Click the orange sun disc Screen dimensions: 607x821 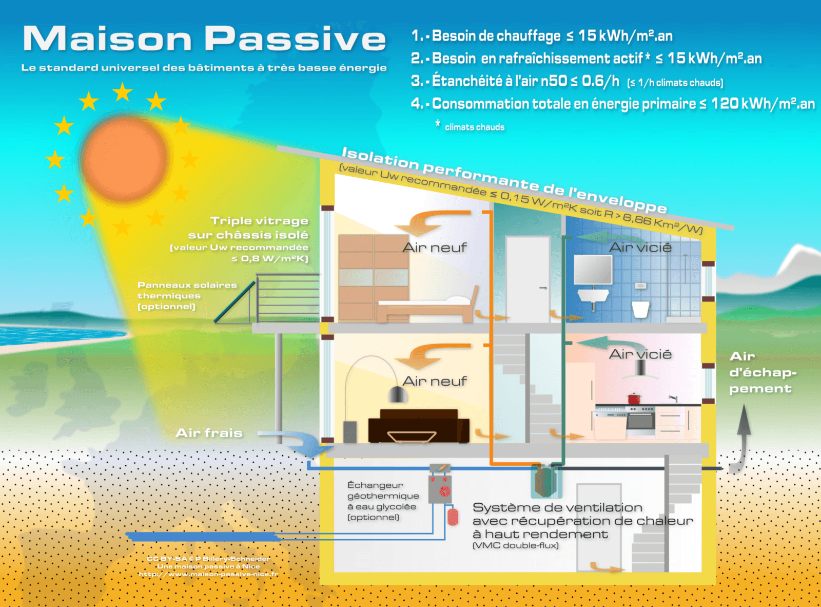[125, 159]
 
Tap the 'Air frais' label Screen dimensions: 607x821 [209, 433]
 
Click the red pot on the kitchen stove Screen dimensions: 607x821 [634, 398]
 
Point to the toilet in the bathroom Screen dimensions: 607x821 [640, 309]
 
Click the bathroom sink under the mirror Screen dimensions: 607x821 [593, 297]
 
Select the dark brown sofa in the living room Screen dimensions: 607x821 [419, 426]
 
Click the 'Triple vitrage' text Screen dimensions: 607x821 [259, 221]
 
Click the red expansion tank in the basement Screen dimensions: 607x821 [453, 517]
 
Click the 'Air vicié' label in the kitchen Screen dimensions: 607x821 [640, 354]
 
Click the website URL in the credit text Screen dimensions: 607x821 [208, 574]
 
